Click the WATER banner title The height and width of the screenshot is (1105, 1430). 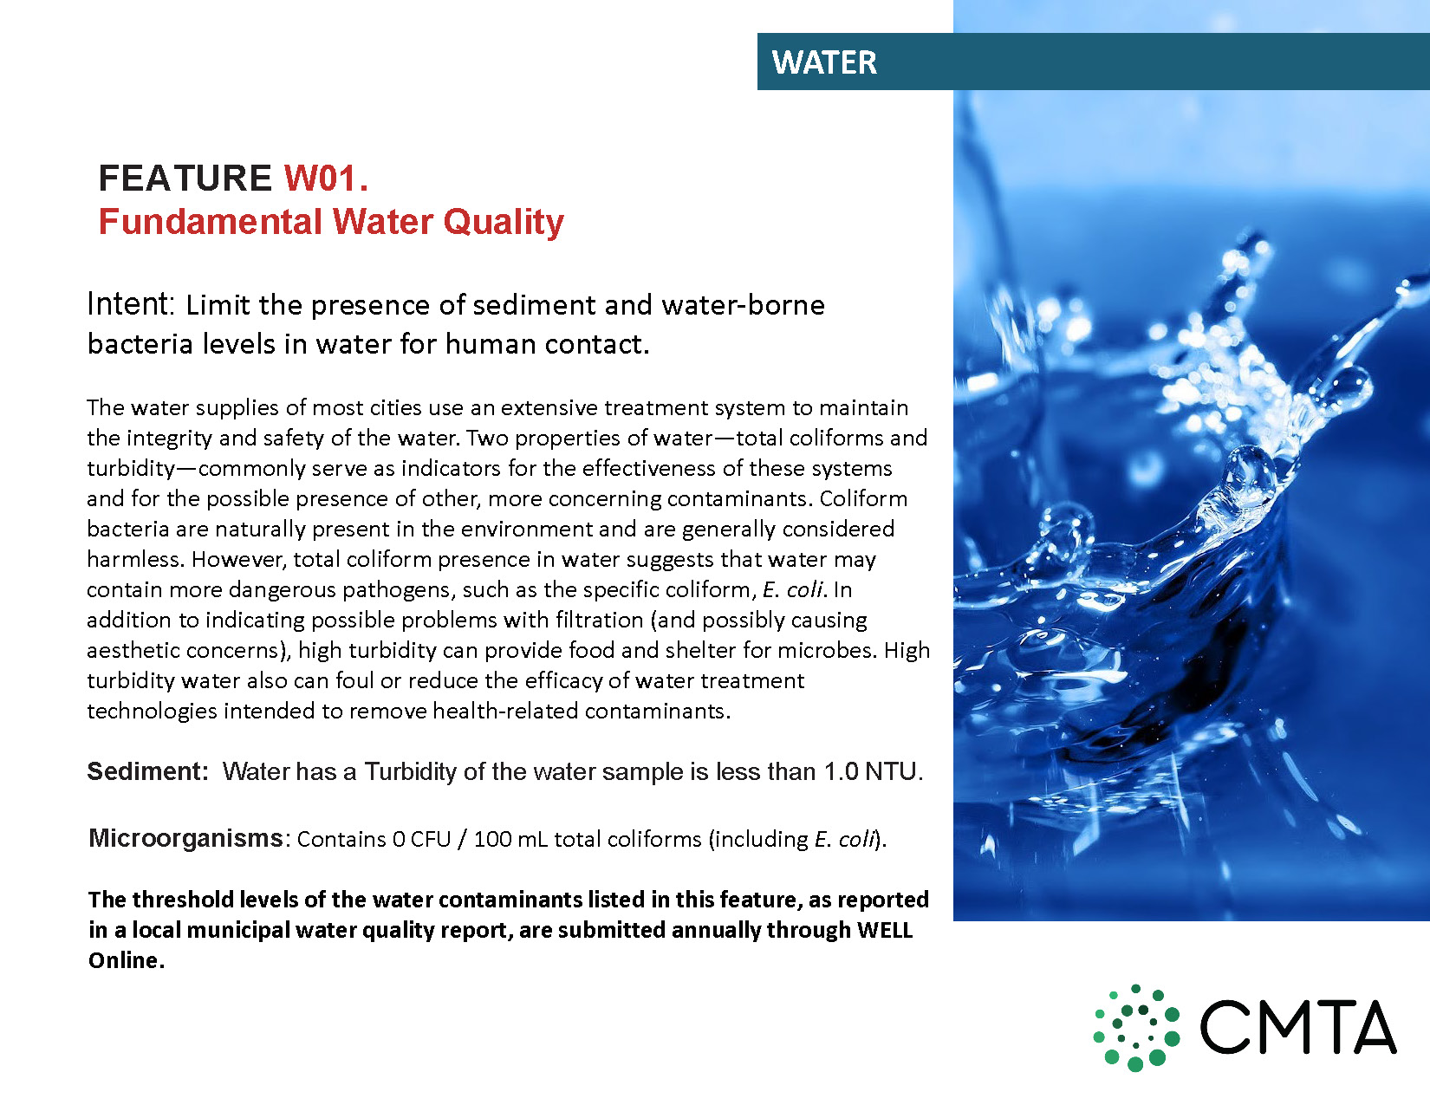(x=824, y=62)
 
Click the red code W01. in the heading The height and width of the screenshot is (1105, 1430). (x=326, y=178)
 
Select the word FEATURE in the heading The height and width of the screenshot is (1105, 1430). (x=185, y=178)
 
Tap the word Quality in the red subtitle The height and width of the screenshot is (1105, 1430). (x=504, y=223)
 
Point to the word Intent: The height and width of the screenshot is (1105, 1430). (x=131, y=304)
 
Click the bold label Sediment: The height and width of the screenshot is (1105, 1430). (x=147, y=771)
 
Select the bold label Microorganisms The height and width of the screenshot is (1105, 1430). (x=185, y=838)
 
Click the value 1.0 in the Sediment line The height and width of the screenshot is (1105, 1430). (x=842, y=771)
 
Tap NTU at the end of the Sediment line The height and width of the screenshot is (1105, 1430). (x=894, y=771)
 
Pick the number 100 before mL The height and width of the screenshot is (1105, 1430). (x=493, y=839)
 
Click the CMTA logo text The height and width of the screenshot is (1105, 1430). (x=1297, y=1027)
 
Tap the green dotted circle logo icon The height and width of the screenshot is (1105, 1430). (x=1136, y=1027)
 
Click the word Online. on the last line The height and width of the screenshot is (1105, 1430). (x=127, y=960)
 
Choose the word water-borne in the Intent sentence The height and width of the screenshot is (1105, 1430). (x=743, y=305)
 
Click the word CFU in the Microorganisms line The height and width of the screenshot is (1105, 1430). (x=431, y=839)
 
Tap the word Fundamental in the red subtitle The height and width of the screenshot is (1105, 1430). (x=210, y=221)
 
